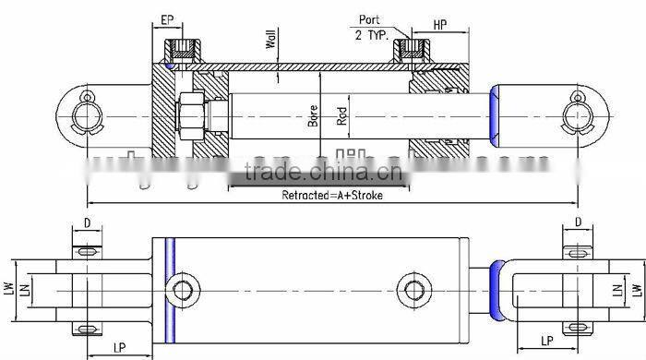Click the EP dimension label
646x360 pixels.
point(168,19)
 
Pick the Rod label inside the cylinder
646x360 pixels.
point(341,114)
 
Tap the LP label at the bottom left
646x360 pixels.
point(120,347)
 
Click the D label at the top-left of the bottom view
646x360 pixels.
point(87,222)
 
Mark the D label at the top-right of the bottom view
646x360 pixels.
point(578,222)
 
